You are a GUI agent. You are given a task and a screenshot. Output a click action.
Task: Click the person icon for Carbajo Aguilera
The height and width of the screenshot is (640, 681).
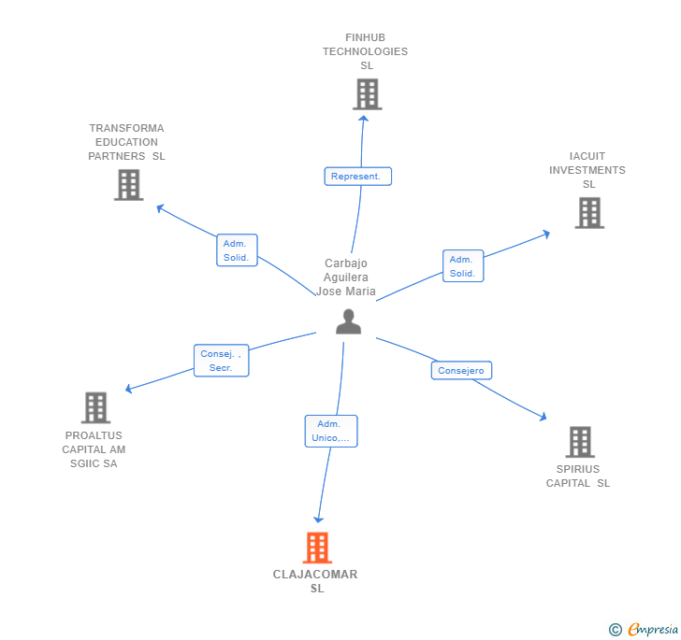click(x=348, y=321)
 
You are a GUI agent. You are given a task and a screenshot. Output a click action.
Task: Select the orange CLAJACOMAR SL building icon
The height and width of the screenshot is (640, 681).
click(x=317, y=548)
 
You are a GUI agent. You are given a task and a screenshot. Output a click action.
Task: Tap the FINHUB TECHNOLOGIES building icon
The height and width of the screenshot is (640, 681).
click(x=367, y=94)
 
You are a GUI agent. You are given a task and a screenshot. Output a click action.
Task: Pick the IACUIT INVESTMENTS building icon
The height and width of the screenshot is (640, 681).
click(x=588, y=213)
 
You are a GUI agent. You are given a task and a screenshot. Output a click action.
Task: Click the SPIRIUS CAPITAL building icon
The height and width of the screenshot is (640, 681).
click(x=580, y=442)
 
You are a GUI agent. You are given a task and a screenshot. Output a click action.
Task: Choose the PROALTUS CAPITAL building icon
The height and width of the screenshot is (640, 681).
click(x=95, y=407)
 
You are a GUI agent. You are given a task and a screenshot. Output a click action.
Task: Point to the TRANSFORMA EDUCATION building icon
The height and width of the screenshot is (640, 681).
click(x=128, y=185)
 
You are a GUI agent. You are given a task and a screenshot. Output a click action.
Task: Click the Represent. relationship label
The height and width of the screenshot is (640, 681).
click(x=357, y=176)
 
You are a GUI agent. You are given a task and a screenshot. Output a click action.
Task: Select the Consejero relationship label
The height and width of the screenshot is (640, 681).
click(x=461, y=371)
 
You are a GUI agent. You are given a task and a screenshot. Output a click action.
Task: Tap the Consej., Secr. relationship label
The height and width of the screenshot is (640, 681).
click(x=222, y=361)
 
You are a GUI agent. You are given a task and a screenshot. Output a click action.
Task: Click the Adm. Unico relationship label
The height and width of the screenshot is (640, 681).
click(x=330, y=431)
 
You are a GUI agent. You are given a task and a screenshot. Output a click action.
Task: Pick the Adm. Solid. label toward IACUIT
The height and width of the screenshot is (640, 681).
click(x=462, y=266)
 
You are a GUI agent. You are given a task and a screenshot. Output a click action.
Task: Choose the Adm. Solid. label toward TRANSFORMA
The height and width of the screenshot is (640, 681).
click(x=236, y=250)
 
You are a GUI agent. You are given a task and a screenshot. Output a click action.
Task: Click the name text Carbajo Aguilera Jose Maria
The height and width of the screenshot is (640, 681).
click(x=346, y=277)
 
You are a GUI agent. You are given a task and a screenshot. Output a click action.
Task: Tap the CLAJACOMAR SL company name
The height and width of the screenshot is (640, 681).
click(x=316, y=581)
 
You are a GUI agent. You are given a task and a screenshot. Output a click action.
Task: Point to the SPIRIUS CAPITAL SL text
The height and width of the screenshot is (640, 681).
click(x=578, y=476)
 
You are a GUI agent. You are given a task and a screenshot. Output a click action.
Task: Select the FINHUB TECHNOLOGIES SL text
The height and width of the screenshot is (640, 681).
click(x=366, y=51)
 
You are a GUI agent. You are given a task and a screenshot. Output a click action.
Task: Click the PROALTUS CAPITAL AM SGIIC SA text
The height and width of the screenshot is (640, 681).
click(x=94, y=449)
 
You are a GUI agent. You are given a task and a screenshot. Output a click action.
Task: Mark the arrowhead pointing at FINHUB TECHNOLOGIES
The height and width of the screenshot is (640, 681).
click(x=364, y=119)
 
